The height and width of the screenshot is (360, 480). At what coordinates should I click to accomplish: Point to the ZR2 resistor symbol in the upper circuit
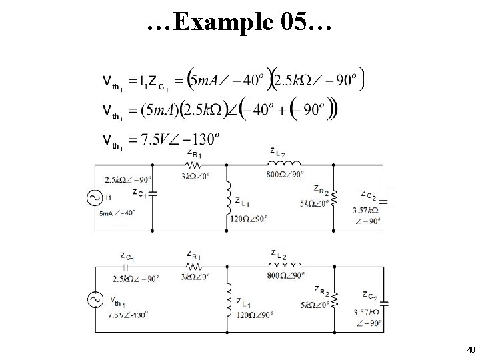(333, 197)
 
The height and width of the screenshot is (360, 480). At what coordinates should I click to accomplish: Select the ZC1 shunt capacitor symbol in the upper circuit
(153, 194)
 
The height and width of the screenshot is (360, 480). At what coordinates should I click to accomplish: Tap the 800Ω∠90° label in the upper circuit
(285, 175)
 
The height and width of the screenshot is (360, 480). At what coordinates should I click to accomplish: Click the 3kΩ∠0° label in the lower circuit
(195, 277)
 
